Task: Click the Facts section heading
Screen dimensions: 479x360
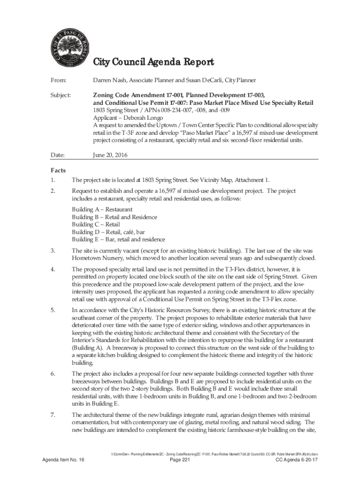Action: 58,170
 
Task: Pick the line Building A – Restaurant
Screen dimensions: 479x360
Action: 102,210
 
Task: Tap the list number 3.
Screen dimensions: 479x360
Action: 53,251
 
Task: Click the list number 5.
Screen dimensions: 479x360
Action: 53,310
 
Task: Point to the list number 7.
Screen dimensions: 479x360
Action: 53,415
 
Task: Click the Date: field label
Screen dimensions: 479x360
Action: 58,155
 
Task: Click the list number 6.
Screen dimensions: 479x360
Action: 53,374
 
